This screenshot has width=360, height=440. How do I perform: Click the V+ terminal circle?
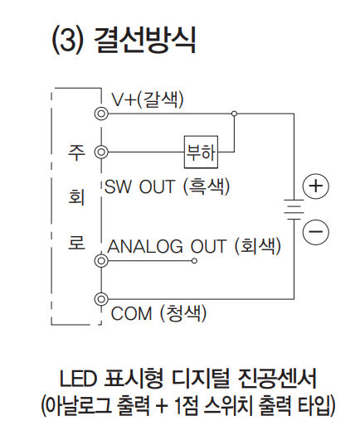pos(101,114)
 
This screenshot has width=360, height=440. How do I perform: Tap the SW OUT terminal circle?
pos(101,152)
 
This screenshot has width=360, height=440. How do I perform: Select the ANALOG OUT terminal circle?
pos(101,261)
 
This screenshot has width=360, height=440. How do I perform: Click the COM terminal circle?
pos(101,299)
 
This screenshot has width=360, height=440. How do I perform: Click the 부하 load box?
pos(201,152)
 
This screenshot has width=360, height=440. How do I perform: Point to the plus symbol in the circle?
pos(316,186)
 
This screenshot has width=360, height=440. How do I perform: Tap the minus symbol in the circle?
pos(316,232)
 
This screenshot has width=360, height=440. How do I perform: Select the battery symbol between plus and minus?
pos(294,210)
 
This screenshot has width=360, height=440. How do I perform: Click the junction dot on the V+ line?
pos(234,114)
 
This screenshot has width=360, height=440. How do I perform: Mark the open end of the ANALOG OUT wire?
pos(194,261)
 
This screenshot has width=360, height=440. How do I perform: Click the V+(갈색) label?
pos(148,99)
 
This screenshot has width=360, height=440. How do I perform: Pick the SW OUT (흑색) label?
pos(168,186)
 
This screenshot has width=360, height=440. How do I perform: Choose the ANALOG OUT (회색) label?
pos(194,246)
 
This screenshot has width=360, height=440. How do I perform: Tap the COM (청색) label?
pos(158,313)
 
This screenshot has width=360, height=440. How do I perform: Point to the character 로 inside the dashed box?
pos(76,243)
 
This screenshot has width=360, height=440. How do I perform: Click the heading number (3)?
pos(68,40)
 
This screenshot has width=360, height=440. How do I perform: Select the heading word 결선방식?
pos(145,40)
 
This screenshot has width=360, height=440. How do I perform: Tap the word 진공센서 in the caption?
pos(277,379)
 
